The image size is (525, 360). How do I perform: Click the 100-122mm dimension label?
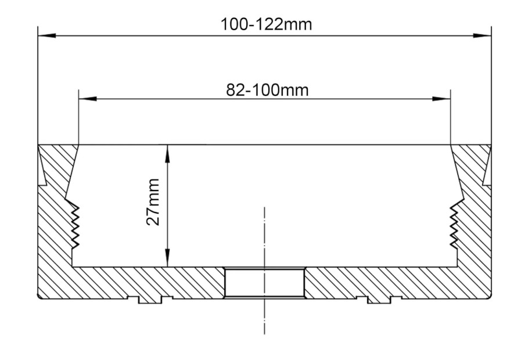[266, 25]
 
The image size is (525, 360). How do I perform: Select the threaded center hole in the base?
[264, 283]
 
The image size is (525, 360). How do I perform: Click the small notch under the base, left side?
[149, 300]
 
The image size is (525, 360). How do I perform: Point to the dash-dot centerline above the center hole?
[264, 232]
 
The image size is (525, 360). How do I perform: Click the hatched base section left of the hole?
[151, 282]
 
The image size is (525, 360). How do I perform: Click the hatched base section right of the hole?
[377, 282]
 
